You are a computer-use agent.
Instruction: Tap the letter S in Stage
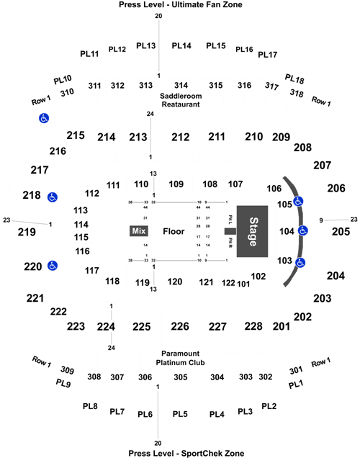(x=253, y=219)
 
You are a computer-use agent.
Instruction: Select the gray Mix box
(x=139, y=231)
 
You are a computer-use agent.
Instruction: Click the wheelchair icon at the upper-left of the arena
(x=44, y=119)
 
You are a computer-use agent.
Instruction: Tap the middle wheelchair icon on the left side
(x=52, y=197)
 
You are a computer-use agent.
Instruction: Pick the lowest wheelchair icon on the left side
(x=52, y=266)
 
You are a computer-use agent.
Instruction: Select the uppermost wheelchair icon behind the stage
(x=298, y=201)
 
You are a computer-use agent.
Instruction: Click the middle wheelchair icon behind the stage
(x=302, y=230)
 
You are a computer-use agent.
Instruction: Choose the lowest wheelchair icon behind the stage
(x=300, y=262)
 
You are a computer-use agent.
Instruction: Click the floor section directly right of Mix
(x=176, y=231)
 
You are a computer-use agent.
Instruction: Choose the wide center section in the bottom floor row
(x=176, y=249)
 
